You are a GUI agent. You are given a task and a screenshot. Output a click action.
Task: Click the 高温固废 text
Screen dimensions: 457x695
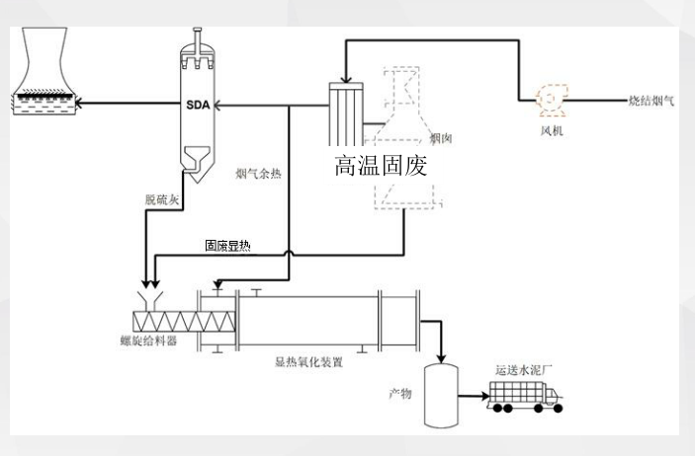381,165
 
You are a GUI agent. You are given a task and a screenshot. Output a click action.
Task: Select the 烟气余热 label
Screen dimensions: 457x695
258,175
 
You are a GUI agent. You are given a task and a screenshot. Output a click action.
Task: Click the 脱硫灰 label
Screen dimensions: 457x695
161,199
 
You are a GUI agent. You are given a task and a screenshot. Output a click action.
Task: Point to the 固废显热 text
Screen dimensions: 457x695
227,246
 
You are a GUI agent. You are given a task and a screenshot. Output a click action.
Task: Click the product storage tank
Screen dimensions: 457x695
443,395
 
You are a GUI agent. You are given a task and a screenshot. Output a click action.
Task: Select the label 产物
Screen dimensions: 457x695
399,393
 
